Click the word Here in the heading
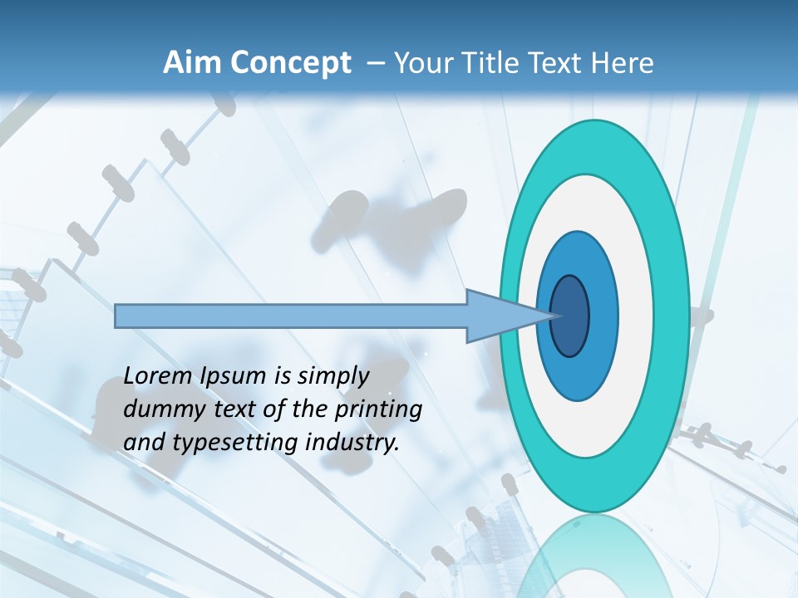pyautogui.click(x=621, y=62)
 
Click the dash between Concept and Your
pyautogui.click(x=376, y=63)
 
